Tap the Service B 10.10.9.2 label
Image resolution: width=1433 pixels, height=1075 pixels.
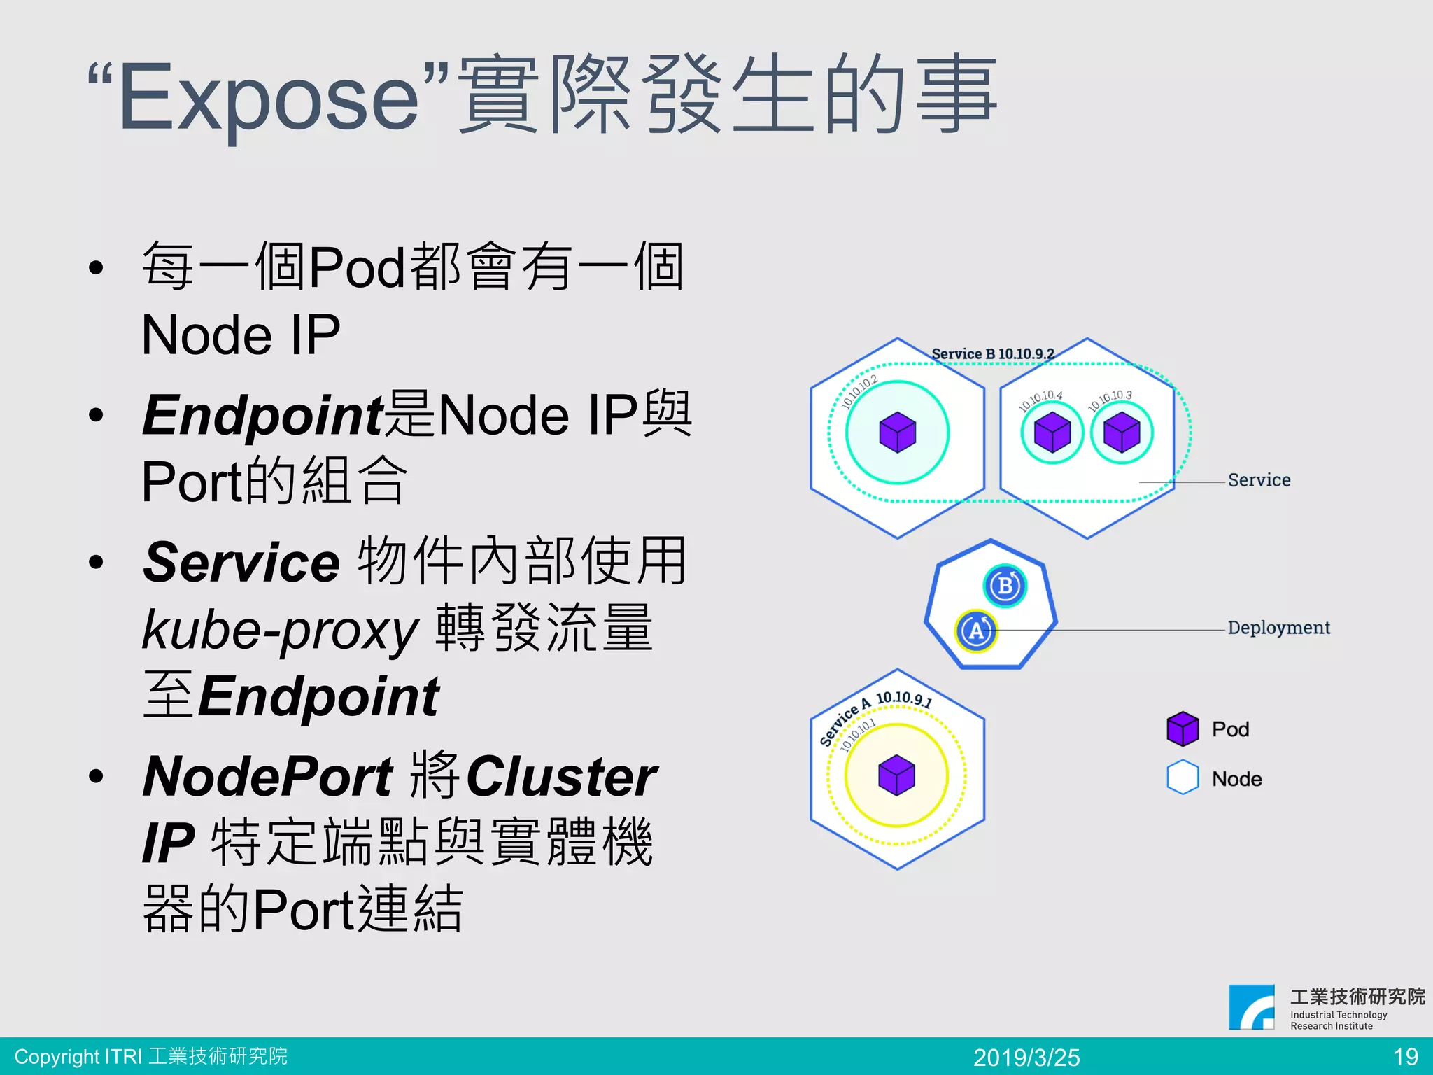pos(992,354)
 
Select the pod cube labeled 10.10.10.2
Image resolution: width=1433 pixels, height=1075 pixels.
pos(898,432)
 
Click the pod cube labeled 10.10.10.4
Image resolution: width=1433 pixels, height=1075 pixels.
pos(1052,432)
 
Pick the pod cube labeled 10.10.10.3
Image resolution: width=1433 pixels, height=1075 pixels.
pos(1122,432)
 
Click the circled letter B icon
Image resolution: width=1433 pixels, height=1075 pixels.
pos(1005,586)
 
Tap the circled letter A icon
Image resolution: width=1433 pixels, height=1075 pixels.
pos(976,631)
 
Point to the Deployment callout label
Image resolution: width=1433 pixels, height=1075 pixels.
pos(1278,628)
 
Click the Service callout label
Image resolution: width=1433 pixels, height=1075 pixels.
pos(1259,480)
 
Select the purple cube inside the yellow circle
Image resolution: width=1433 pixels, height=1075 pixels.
pos(896,775)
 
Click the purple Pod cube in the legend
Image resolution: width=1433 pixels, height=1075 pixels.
pos(1183,729)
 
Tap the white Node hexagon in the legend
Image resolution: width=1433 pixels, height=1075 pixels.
pos(1183,778)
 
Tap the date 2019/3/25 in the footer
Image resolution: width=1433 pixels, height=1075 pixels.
pos(1026,1057)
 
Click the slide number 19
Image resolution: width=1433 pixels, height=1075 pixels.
pos(1405,1057)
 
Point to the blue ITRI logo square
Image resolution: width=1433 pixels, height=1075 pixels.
pos(1252,1007)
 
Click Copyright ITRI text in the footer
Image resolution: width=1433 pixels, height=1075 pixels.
pos(150,1056)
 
